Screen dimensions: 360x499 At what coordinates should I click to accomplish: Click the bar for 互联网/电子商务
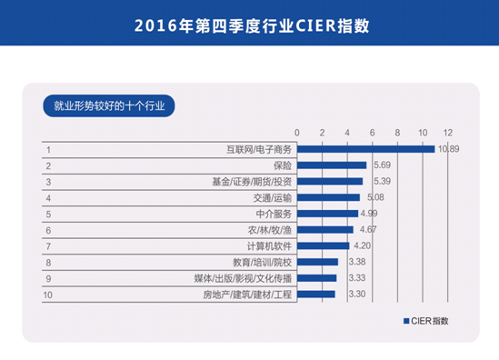[365, 149]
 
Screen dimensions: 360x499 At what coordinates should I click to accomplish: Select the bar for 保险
[333, 165]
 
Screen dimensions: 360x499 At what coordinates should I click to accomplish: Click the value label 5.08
[375, 197]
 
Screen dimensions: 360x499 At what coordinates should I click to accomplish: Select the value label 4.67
[369, 230]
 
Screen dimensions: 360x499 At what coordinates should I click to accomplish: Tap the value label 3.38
[357, 262]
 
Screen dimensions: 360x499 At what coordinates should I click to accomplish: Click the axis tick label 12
[448, 133]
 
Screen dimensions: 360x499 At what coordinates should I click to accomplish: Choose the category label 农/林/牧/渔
[270, 230]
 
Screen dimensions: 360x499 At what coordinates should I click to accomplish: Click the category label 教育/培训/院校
[262, 262]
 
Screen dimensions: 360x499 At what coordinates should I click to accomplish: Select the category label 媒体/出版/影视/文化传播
[244, 278]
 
